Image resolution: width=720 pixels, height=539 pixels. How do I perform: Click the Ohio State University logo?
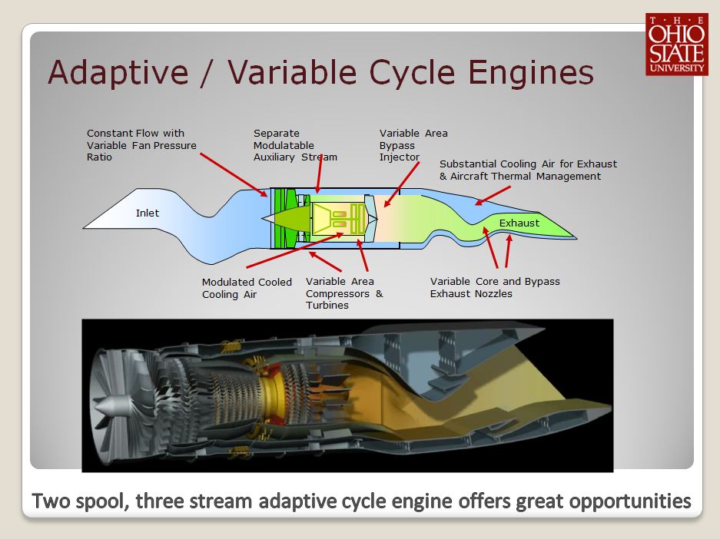(675, 45)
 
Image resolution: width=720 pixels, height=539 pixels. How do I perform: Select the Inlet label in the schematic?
(148, 213)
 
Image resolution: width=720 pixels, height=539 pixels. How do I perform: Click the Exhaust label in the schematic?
(519, 223)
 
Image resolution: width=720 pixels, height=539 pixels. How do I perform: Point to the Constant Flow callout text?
(141, 145)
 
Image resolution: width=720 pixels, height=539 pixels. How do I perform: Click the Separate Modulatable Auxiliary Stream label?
(295, 145)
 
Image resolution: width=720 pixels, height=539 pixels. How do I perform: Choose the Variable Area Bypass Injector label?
(413, 145)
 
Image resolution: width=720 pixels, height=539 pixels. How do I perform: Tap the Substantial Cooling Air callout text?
(528, 170)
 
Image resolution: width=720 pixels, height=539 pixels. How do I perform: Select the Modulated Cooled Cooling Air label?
(247, 288)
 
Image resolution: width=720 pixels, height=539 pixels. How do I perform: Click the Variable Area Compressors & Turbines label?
(344, 293)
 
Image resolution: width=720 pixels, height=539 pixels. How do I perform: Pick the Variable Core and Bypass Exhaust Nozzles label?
(495, 287)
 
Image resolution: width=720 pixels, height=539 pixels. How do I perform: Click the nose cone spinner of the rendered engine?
(108, 405)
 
